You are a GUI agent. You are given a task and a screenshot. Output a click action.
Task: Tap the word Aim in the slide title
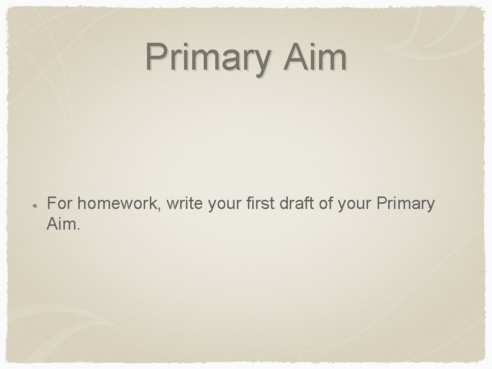point(315,57)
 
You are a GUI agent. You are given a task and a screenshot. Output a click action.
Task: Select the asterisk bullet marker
point(36,206)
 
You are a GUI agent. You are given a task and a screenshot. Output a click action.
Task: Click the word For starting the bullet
point(60,204)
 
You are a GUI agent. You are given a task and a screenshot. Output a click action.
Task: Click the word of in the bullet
point(326,204)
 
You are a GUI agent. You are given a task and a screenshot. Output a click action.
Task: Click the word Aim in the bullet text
point(61,222)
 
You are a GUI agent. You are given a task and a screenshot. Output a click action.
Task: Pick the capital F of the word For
point(51,204)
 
